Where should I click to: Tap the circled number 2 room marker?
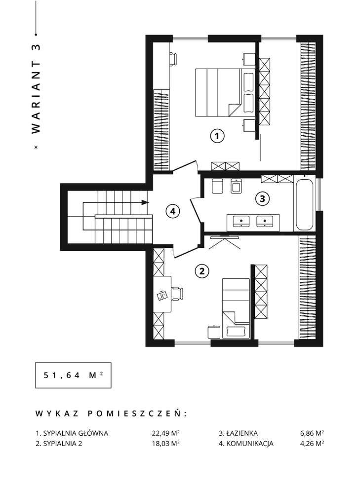[x=201, y=270]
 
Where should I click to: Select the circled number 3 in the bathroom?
[x=262, y=199]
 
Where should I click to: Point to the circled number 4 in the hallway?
[x=172, y=211]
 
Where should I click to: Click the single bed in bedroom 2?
[x=236, y=306]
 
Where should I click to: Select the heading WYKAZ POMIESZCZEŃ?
[x=111, y=413]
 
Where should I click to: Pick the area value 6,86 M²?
[x=312, y=433]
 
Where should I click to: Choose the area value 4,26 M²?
[x=312, y=444]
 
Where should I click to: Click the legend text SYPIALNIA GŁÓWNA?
[x=76, y=433]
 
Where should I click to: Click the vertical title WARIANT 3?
[x=35, y=89]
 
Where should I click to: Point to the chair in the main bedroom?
[x=173, y=58]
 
